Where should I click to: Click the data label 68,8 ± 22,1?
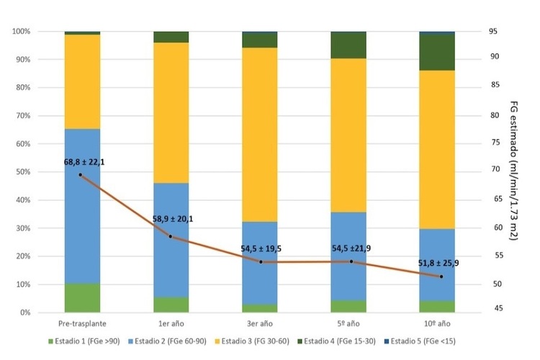tap(84, 163)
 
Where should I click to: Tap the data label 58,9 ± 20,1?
tap(173, 219)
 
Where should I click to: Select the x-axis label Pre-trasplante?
tap(82, 324)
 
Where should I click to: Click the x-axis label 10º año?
tap(437, 324)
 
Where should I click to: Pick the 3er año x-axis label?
tap(259, 324)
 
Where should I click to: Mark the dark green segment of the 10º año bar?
tap(437, 53)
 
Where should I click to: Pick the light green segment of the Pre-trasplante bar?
tap(82, 298)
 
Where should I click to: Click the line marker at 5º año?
tap(351, 261)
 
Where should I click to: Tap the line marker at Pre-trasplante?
tap(80, 175)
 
